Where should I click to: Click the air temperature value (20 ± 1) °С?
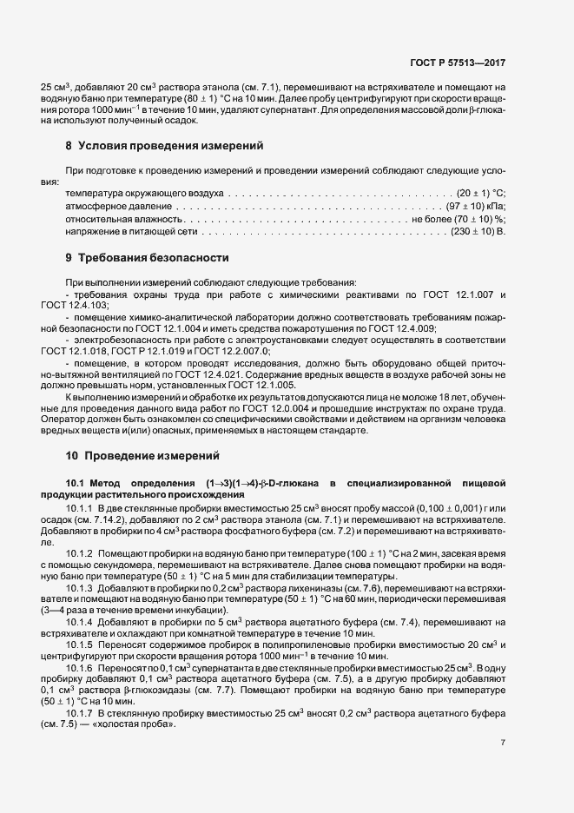482,192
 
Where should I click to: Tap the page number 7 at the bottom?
504,742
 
